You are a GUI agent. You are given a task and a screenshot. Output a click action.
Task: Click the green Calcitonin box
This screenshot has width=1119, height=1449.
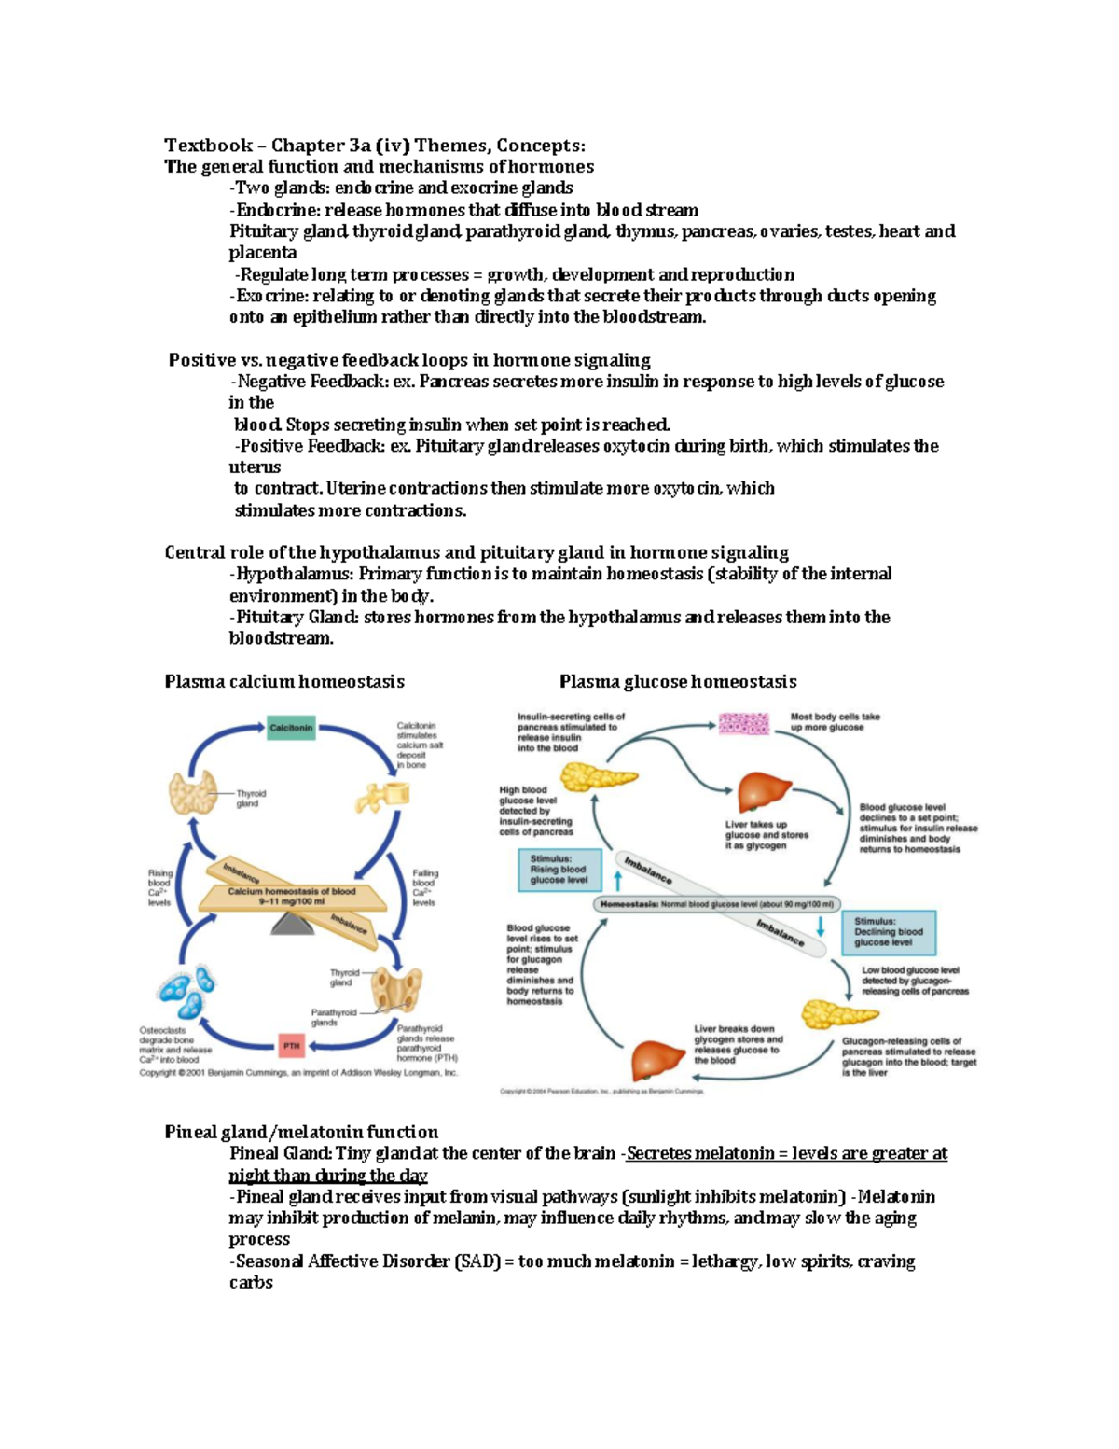point(291,728)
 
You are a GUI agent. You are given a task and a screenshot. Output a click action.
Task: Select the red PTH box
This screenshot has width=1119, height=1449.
point(292,1045)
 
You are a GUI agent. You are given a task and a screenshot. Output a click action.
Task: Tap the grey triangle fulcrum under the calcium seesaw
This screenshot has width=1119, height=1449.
point(292,923)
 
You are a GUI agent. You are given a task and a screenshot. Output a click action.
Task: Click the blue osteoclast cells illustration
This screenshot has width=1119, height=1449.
point(186,994)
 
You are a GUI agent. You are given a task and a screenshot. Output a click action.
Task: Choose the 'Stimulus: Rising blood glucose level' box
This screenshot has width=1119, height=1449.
point(559,870)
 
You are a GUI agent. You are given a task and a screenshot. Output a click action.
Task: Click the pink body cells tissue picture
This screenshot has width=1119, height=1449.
point(743,724)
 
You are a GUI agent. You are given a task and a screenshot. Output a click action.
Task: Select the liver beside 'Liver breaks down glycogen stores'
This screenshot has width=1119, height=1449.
point(658,1059)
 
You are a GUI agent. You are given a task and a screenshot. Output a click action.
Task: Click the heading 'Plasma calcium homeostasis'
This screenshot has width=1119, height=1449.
point(284,681)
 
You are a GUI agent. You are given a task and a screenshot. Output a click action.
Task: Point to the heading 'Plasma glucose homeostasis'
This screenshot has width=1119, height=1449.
point(678,681)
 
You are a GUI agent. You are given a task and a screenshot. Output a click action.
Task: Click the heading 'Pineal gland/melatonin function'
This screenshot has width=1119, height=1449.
point(301,1132)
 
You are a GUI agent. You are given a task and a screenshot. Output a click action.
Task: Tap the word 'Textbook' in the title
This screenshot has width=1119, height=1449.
point(208,145)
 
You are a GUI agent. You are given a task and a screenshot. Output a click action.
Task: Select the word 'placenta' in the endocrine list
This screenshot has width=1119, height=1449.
point(263,253)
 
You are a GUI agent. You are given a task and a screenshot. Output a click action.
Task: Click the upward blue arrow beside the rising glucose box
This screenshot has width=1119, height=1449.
point(617,879)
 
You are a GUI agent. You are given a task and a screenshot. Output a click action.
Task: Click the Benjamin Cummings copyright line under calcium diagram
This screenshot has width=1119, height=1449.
point(298,1073)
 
